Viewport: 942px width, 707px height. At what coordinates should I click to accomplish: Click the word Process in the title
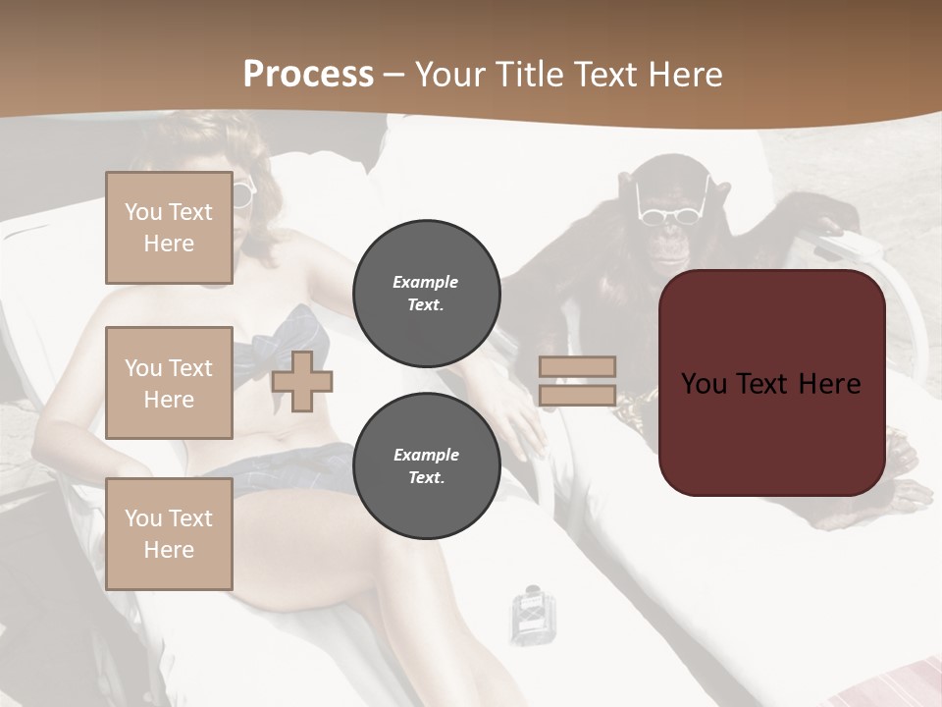pos(308,74)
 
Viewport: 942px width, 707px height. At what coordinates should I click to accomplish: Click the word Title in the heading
pos(531,74)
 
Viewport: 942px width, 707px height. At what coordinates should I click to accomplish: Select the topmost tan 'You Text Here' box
pos(169,228)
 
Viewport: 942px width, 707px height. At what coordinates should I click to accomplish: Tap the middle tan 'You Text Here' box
pos(169,383)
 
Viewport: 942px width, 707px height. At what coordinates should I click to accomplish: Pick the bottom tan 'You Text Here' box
pos(169,533)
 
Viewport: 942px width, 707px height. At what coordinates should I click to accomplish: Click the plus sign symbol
pos(302,381)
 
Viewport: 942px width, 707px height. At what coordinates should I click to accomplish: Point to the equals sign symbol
pos(577,381)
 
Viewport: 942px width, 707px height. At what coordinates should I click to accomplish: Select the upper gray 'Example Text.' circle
pos(427,294)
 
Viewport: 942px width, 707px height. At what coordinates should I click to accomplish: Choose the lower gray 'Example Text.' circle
pos(427,466)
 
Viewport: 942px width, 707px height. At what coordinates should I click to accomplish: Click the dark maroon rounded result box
pos(771,383)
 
